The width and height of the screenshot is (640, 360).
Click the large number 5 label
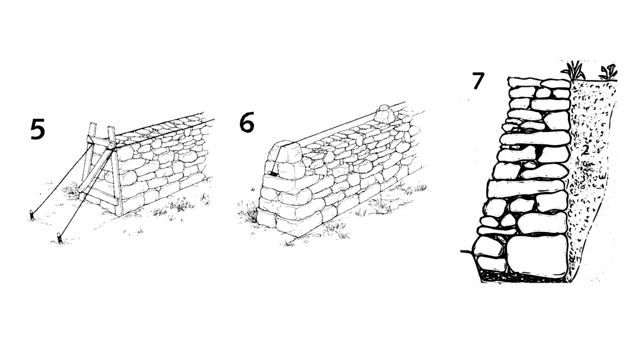click(38, 129)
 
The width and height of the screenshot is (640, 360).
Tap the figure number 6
click(246, 123)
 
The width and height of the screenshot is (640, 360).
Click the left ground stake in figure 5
click(31, 215)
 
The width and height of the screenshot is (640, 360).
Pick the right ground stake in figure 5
click(59, 238)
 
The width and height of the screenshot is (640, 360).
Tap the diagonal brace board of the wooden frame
click(96, 168)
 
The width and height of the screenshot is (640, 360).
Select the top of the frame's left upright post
click(93, 123)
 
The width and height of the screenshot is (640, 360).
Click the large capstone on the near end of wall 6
click(286, 152)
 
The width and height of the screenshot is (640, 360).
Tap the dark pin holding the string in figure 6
click(273, 173)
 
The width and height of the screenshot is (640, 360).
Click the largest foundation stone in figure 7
click(537, 256)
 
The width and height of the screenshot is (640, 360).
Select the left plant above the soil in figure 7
click(573, 71)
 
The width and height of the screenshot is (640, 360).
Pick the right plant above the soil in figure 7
click(608, 72)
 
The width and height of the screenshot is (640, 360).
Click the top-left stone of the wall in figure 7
click(524, 82)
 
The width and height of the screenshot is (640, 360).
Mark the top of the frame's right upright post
click(111, 127)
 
